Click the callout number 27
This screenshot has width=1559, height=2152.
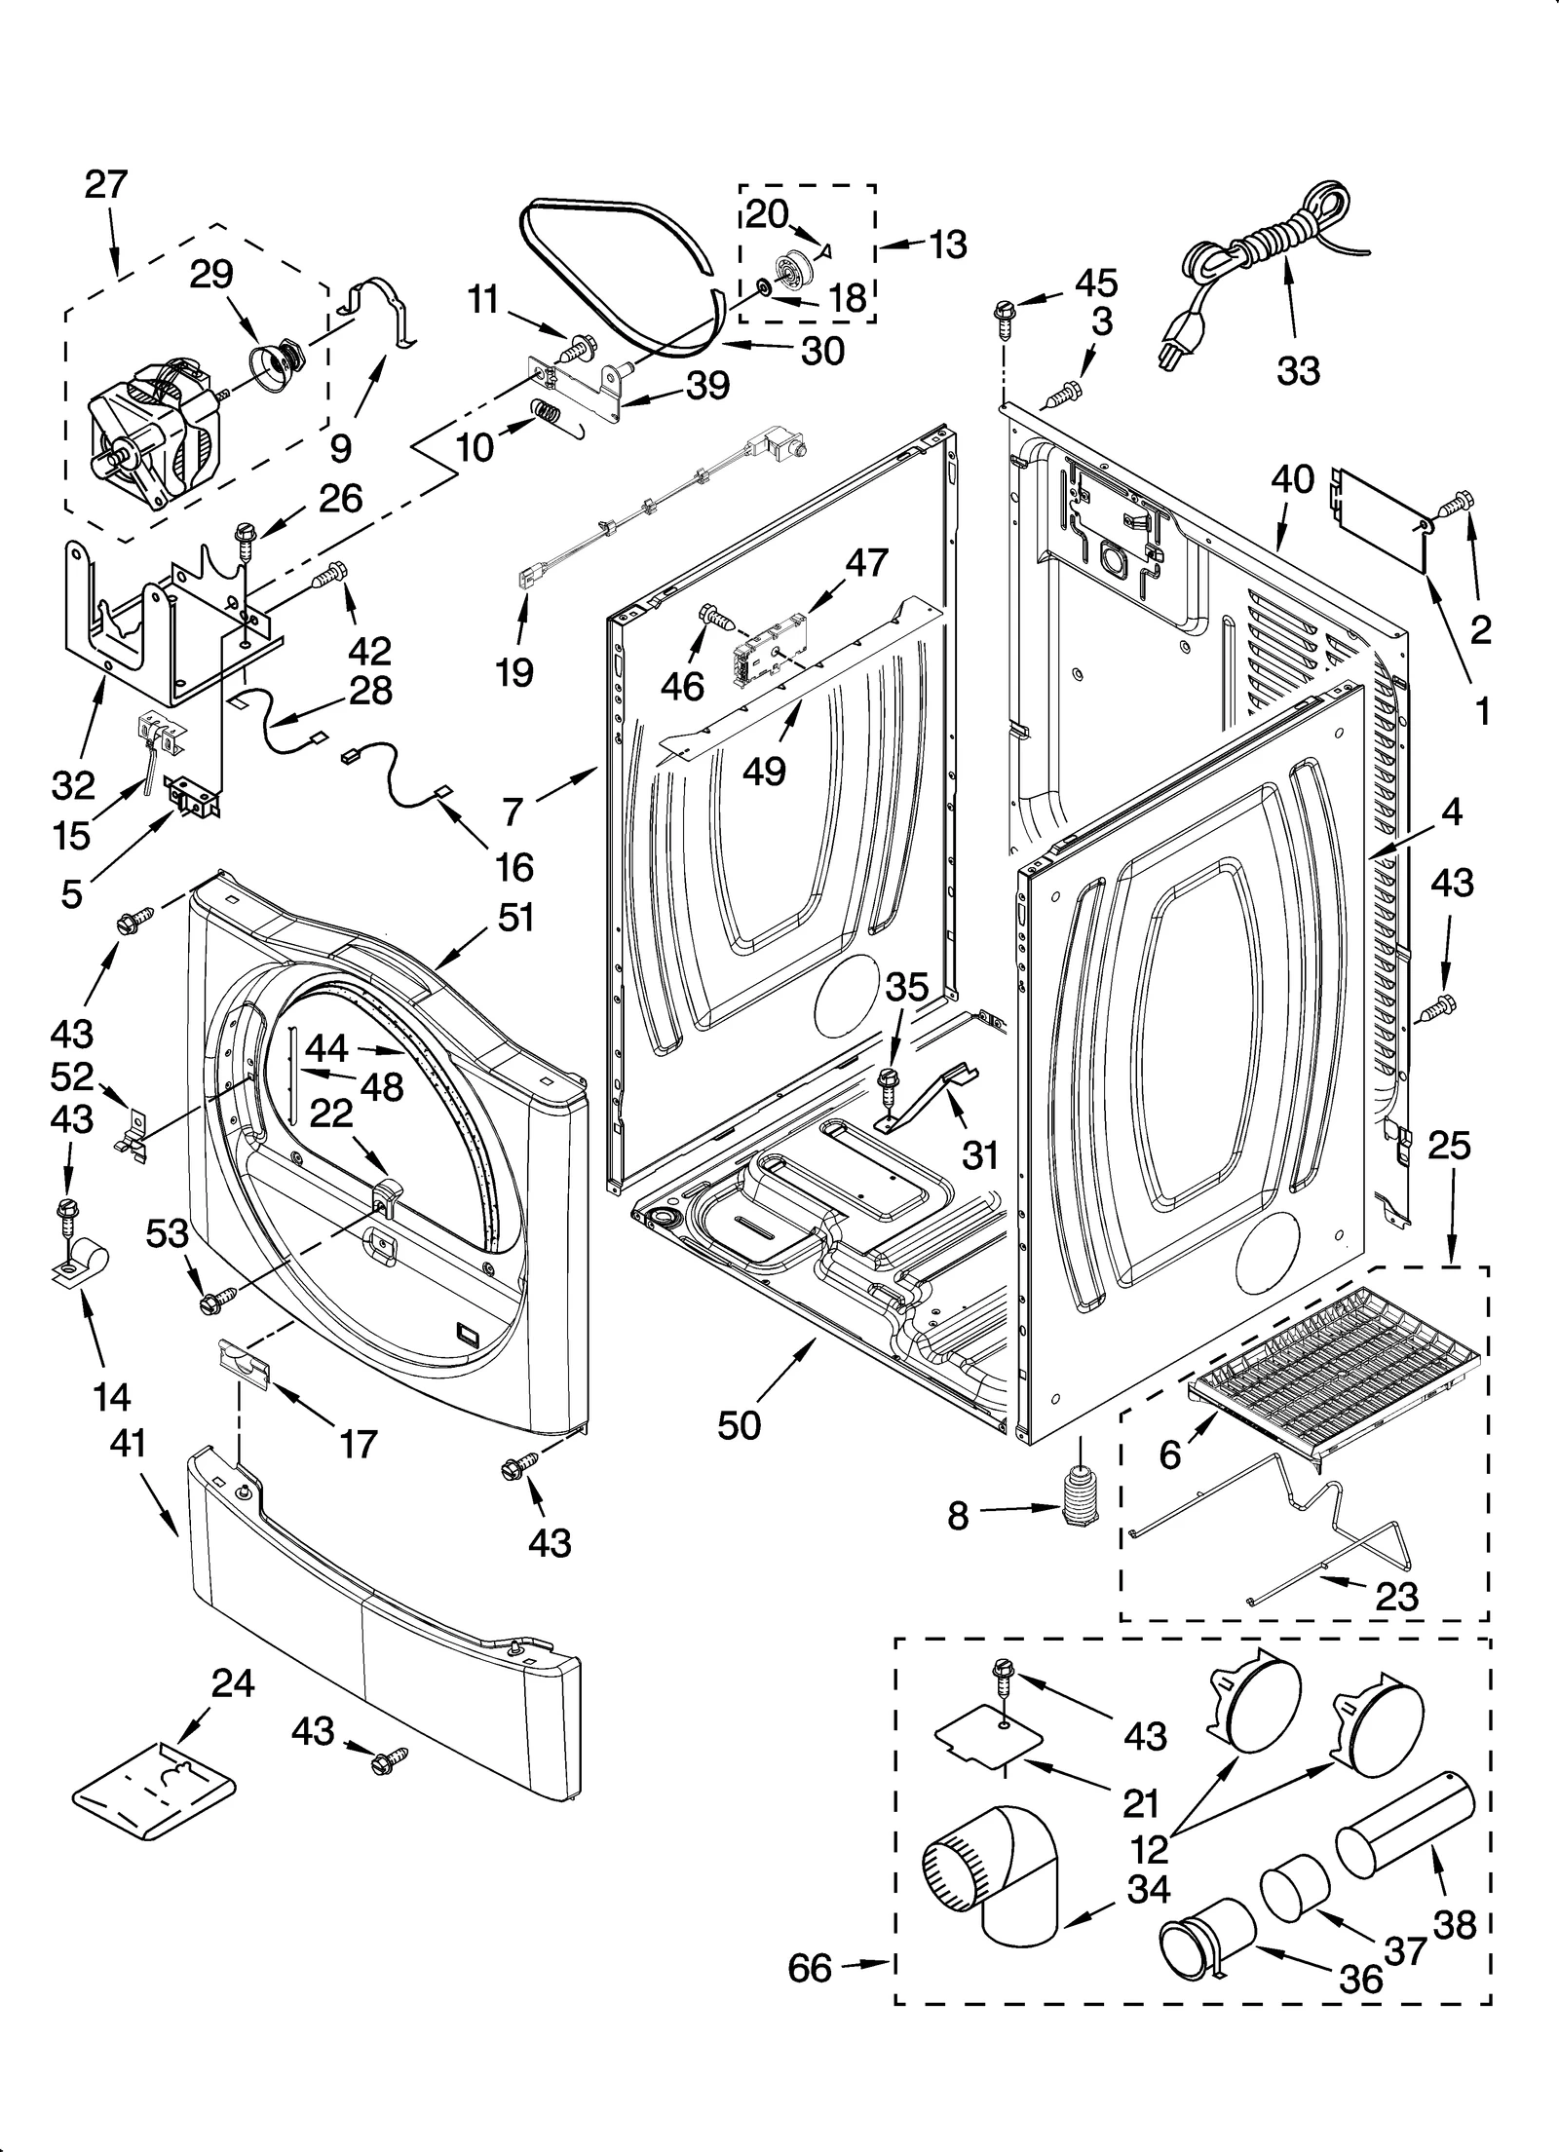click(106, 184)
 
